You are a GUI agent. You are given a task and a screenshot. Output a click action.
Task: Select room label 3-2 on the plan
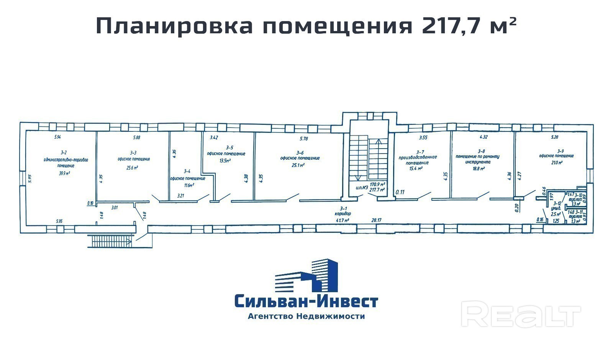[61, 153]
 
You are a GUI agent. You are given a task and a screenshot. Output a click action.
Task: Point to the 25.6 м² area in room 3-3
[132, 167]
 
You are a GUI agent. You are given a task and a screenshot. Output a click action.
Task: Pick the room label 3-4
[187, 171]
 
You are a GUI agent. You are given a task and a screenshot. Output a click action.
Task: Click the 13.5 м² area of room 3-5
[225, 161]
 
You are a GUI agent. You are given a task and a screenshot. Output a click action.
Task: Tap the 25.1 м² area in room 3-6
[298, 165]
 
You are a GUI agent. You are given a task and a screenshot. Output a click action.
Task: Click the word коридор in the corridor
[343, 214]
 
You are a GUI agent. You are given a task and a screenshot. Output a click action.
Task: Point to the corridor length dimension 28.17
[377, 220]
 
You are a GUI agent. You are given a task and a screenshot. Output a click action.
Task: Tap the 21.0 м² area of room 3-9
[556, 163]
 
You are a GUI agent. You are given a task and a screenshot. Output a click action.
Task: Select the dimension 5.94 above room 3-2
[57, 137]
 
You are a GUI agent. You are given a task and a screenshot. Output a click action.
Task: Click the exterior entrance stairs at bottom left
[110, 241]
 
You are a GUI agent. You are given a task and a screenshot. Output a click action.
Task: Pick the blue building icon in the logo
[306, 275]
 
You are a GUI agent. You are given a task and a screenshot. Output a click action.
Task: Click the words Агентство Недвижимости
[306, 316]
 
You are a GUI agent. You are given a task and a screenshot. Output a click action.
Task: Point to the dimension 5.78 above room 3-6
[304, 139]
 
